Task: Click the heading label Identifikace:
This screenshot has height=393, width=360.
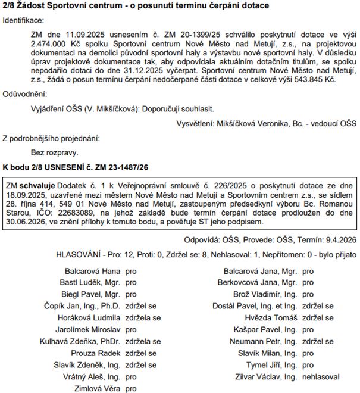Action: click(x=24, y=20)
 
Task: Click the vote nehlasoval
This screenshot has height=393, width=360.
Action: click(x=321, y=377)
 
